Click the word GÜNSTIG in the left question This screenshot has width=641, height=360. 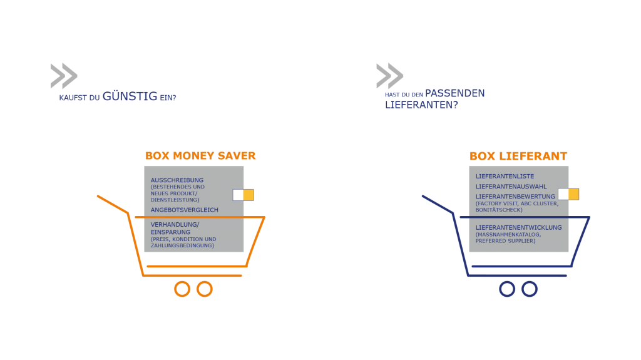point(130,96)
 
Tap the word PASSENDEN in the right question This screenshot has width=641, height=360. point(454,93)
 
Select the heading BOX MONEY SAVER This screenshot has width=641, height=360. point(200,156)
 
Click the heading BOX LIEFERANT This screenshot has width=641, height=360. point(518,157)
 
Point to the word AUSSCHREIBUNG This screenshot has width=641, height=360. point(177,180)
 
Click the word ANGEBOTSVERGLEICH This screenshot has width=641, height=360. point(185,210)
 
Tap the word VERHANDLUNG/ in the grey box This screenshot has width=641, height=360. point(175,225)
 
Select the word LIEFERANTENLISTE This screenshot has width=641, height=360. point(505,177)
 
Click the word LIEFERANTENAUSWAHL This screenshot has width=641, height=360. point(511,187)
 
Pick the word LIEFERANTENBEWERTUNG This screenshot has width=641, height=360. point(515,197)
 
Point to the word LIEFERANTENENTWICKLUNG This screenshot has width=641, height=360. point(518,227)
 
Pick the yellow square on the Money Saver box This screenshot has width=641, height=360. point(249,195)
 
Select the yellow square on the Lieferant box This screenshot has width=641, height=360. point(573,194)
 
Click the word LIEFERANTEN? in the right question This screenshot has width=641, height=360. point(421,105)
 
